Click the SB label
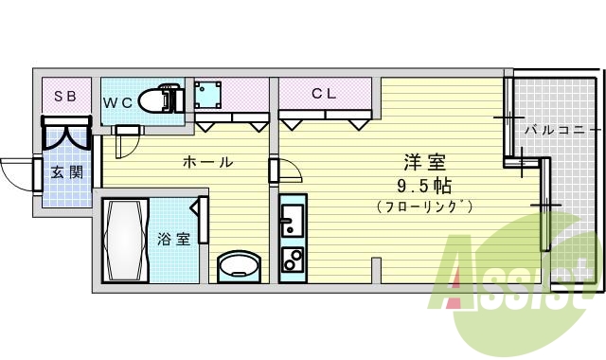65,96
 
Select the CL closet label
324,94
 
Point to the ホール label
207,162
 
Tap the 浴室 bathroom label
173,239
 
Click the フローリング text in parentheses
423,206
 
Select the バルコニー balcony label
562,129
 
